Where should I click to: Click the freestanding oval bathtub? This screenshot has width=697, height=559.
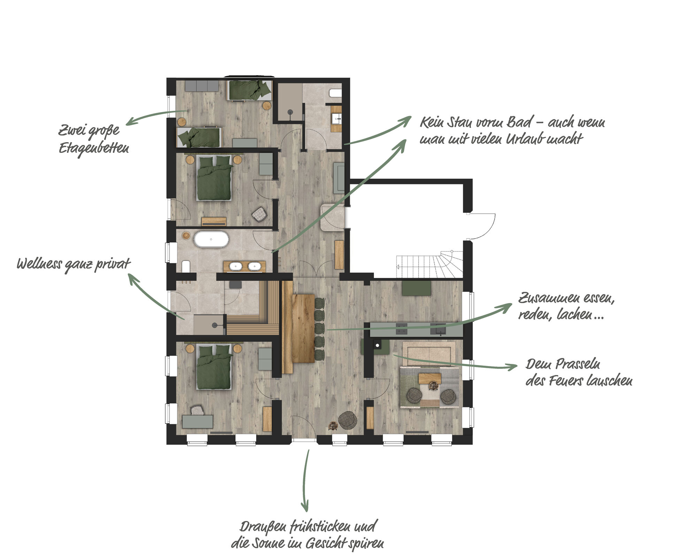click(x=211, y=239)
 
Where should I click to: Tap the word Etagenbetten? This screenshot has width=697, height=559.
click(x=94, y=149)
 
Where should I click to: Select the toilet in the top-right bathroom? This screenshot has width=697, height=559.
click(x=336, y=93)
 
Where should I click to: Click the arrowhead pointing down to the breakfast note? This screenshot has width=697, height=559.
click(x=305, y=507)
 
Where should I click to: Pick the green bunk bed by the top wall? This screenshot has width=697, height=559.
click(x=250, y=90)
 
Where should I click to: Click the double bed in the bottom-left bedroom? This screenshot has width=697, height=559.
click(x=214, y=367)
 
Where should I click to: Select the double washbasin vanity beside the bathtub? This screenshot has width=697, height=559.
click(x=245, y=267)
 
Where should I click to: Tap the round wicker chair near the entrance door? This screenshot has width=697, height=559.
click(x=347, y=420)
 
